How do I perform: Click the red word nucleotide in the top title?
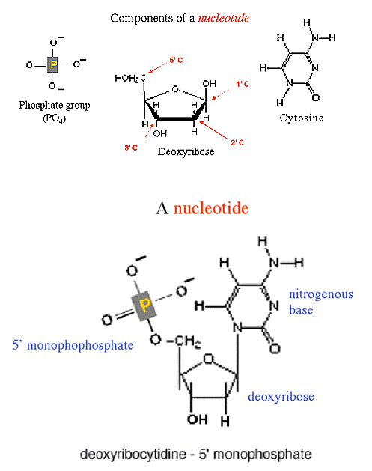click(224, 18)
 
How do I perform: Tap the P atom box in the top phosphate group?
click(53, 64)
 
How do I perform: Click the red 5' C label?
click(176, 60)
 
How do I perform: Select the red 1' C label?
click(243, 84)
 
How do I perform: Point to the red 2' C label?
click(237, 142)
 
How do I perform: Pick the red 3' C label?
click(131, 148)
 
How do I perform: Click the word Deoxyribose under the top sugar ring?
click(186, 151)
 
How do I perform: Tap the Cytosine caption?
click(302, 118)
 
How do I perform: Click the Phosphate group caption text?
click(55, 105)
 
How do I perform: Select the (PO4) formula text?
click(55, 118)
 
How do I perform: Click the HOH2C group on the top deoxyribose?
click(130, 79)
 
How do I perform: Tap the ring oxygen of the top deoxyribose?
click(175, 89)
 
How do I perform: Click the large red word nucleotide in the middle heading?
click(211, 208)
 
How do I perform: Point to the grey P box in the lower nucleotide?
click(144, 306)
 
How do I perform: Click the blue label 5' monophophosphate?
click(73, 345)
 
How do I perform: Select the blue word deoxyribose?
click(281, 397)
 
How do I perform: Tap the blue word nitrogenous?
click(321, 294)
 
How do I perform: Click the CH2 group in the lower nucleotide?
click(188, 341)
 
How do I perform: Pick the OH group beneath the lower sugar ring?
click(198, 419)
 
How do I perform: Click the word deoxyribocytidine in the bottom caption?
click(133, 454)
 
